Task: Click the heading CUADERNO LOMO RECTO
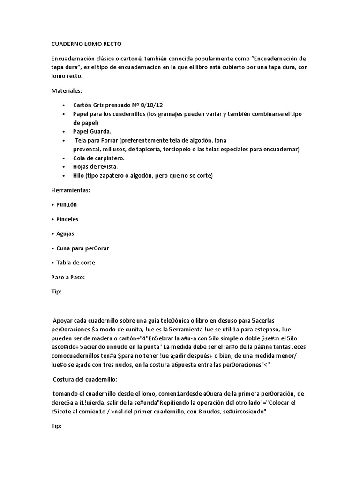[86, 44]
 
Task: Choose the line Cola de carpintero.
[99, 158]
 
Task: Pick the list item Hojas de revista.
[96, 167]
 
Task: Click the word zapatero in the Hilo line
[114, 176]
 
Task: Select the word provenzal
[88, 149]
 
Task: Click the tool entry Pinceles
[67, 219]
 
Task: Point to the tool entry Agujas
[65, 233]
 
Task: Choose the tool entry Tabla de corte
[75, 262]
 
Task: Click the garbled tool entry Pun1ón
[67, 204]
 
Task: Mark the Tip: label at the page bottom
[56, 427]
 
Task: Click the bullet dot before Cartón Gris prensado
[64, 106]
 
